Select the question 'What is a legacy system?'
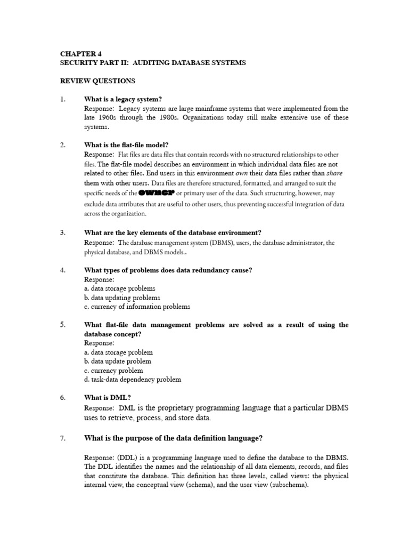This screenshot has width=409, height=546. coord(123,99)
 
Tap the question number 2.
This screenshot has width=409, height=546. coord(62,145)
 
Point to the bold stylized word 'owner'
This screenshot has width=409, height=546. coord(156,193)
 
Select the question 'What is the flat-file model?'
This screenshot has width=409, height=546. coord(126,145)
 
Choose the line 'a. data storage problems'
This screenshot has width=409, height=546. coord(120,288)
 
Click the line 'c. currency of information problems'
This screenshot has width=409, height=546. coord(137,307)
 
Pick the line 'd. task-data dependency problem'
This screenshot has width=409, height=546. coord(133,380)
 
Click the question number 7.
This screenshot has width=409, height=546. coord(62,438)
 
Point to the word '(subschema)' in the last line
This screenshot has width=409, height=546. coord(291,485)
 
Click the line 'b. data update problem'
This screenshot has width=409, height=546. coord(119,362)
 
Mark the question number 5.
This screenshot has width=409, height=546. coord(62,325)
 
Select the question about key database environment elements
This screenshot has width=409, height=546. coord(173,232)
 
